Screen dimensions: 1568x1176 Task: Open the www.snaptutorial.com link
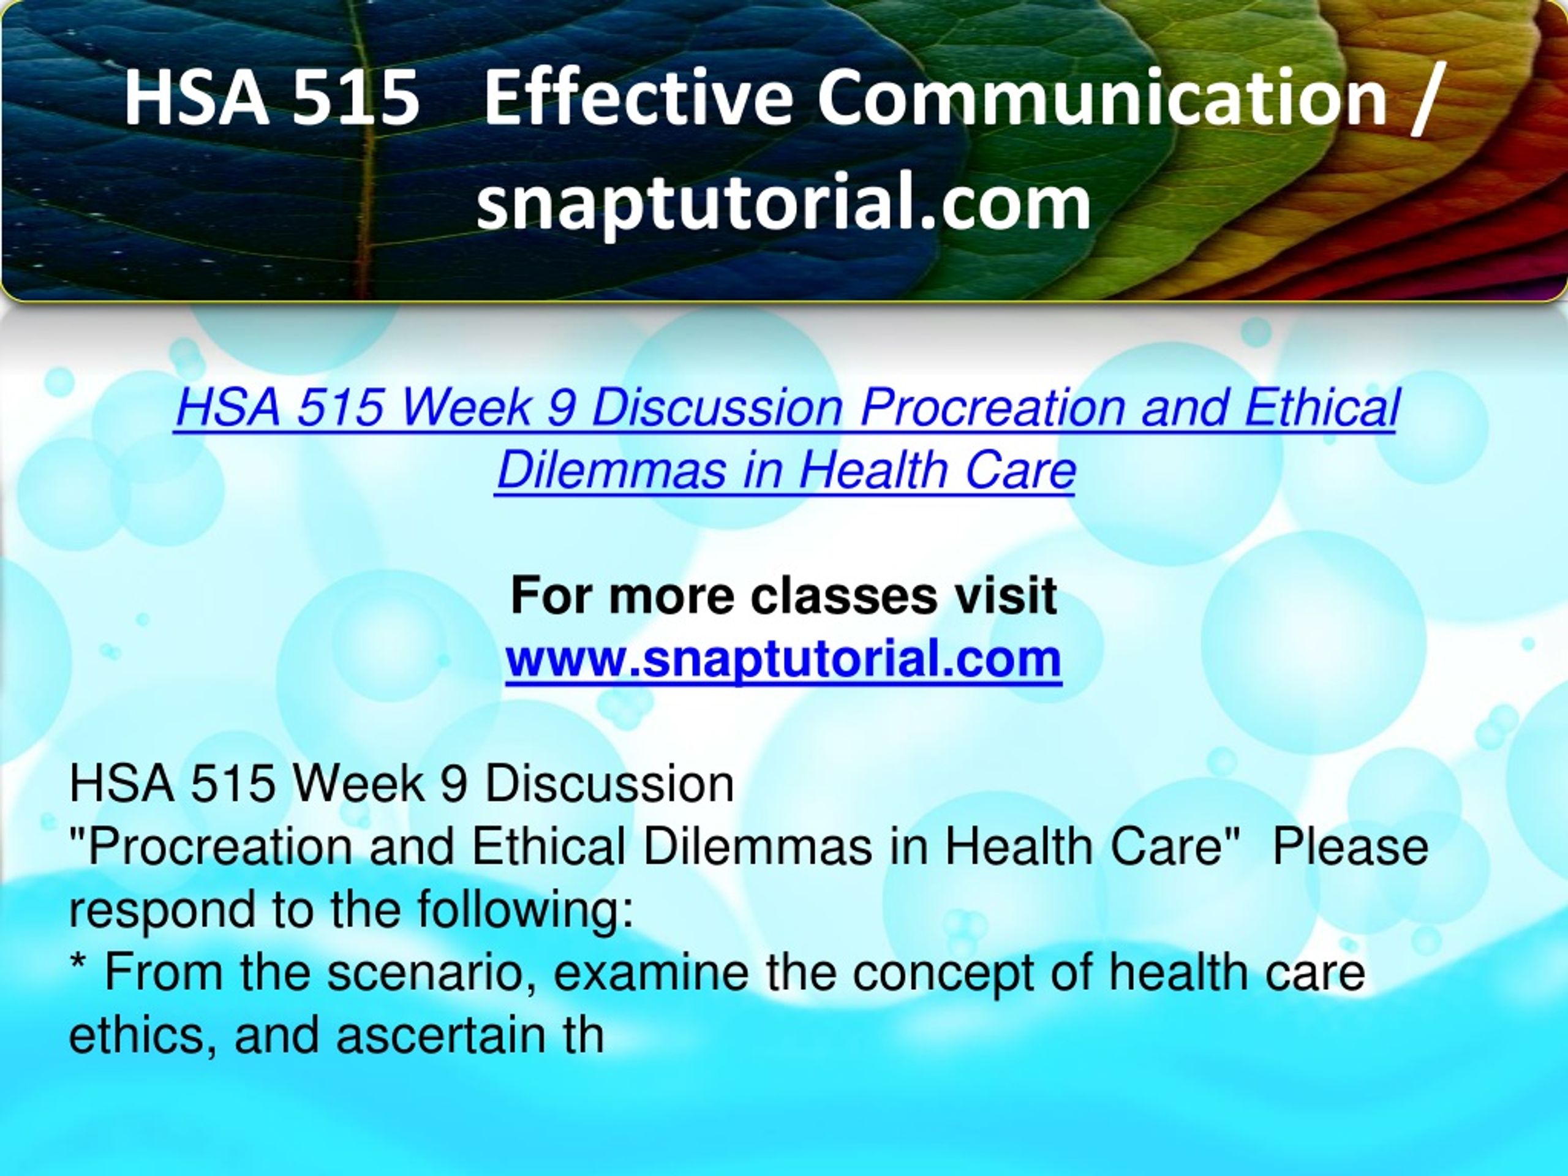[783, 659]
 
